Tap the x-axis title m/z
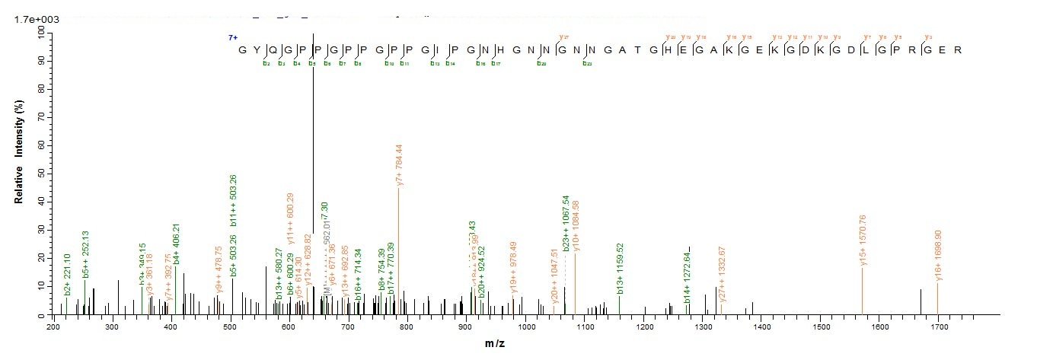click(x=496, y=344)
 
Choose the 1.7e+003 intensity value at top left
click(x=31, y=19)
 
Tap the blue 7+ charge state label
click(x=232, y=37)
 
